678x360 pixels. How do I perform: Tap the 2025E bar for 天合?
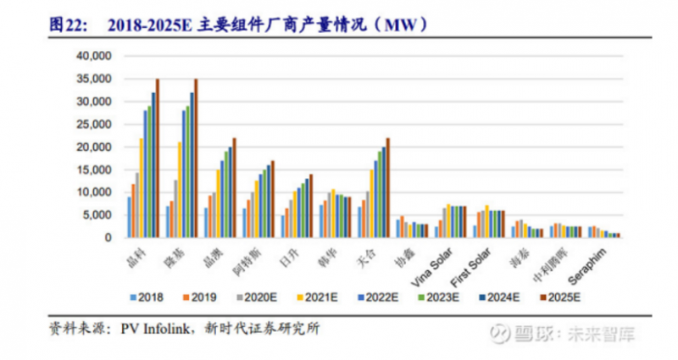coord(388,187)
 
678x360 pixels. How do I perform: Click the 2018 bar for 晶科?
coord(129,217)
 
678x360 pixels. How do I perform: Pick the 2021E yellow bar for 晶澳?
coord(218,203)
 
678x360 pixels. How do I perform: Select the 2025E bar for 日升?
coord(311,206)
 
